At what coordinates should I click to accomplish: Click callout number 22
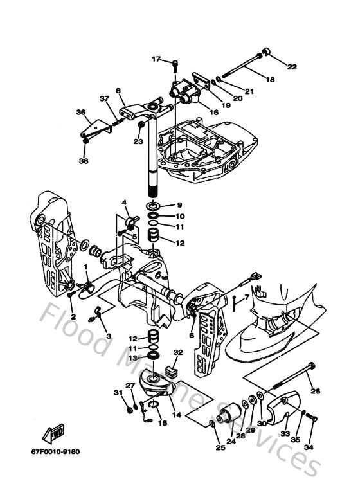click(x=291, y=66)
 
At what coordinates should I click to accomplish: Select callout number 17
click(x=156, y=59)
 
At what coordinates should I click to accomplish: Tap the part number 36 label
click(x=80, y=112)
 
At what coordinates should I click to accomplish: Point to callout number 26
click(x=315, y=390)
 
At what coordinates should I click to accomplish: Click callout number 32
click(x=178, y=352)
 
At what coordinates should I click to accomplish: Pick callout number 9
click(x=179, y=205)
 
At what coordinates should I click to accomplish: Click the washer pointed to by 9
click(x=154, y=206)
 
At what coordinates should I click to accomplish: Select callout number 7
click(x=245, y=297)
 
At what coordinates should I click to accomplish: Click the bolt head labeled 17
click(x=175, y=61)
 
